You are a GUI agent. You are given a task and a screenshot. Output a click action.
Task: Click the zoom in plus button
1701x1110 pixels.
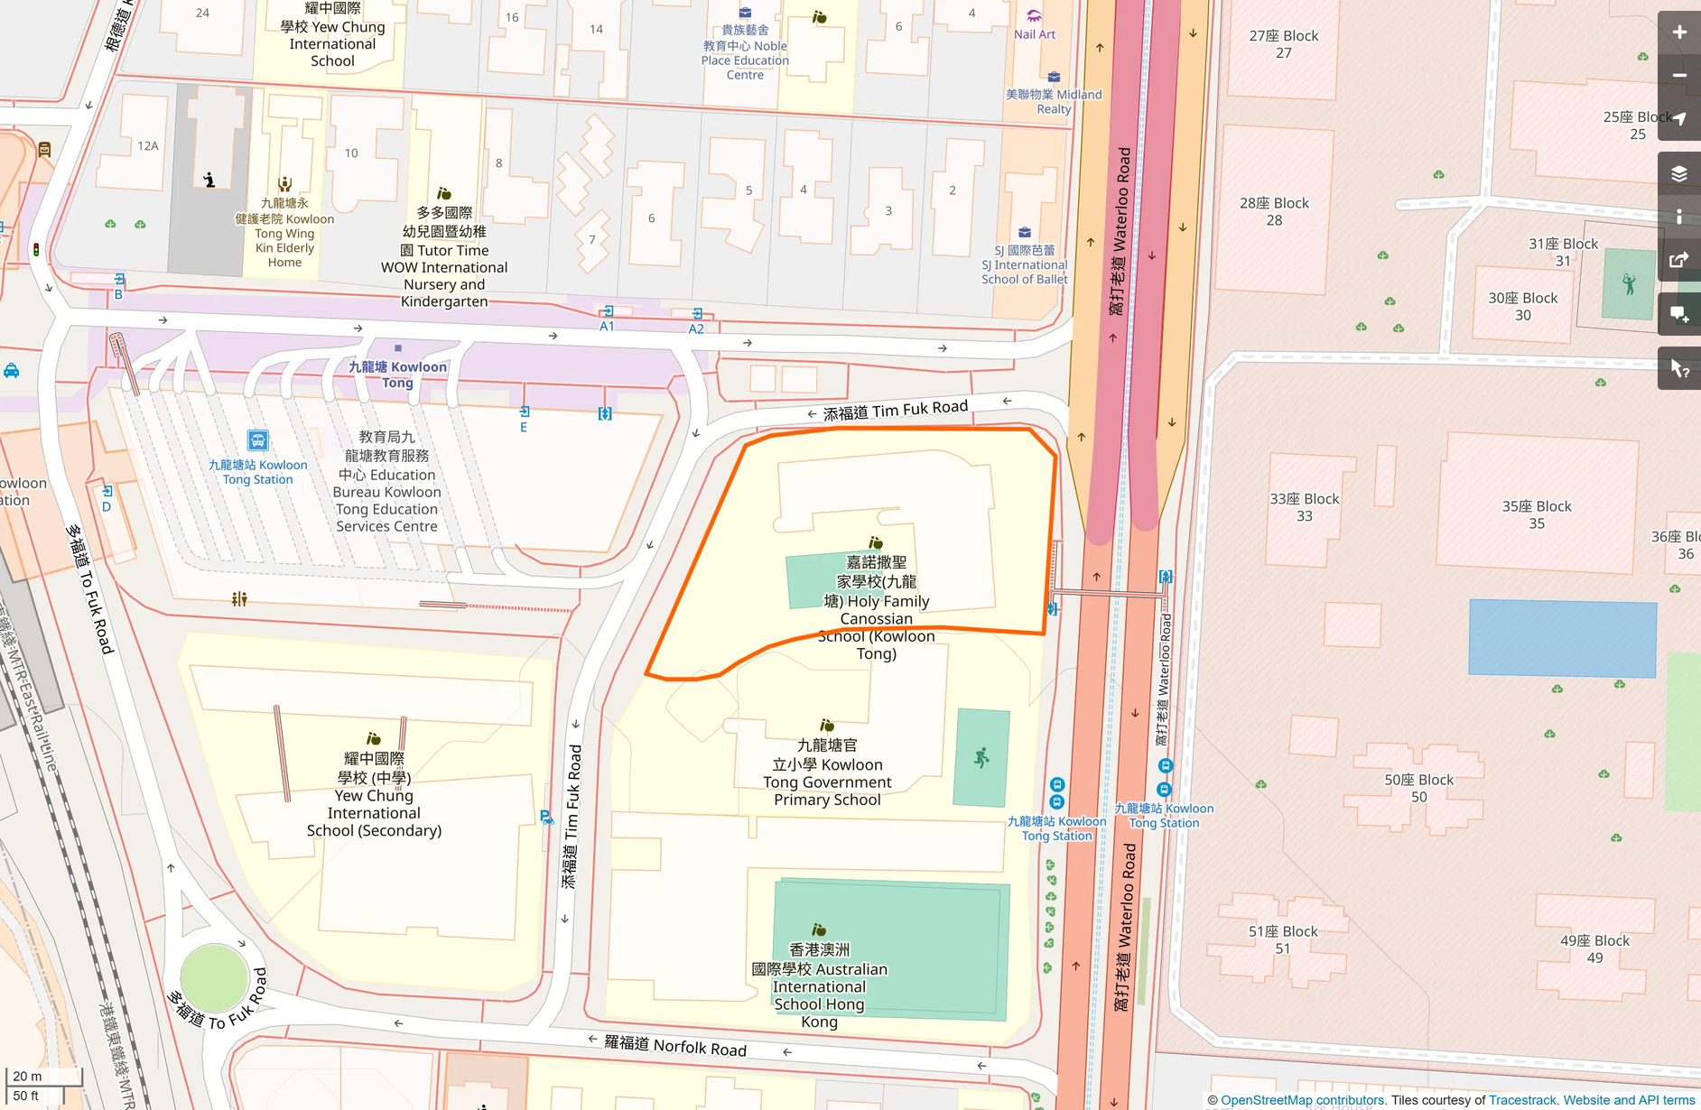(x=1679, y=32)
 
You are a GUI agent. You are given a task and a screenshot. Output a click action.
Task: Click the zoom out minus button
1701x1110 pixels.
(x=1679, y=76)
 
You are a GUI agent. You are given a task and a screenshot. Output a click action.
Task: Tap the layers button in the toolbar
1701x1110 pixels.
(x=1679, y=173)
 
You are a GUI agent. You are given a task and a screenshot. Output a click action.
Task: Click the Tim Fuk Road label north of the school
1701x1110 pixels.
(x=895, y=411)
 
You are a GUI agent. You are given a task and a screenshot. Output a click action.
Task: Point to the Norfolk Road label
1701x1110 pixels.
(x=675, y=1045)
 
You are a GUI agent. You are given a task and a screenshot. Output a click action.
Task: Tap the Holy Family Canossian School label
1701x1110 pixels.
(x=876, y=609)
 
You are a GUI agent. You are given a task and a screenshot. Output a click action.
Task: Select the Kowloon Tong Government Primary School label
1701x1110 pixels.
(x=827, y=772)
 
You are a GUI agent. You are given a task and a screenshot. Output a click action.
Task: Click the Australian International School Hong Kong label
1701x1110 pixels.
(x=819, y=985)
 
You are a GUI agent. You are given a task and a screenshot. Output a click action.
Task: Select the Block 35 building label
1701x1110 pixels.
(x=1537, y=514)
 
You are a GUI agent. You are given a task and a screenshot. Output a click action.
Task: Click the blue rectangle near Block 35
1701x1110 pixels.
(x=1562, y=637)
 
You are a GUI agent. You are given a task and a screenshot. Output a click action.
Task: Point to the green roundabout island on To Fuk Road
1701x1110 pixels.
(x=214, y=977)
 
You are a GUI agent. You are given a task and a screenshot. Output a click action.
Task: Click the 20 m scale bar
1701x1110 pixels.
(x=43, y=1077)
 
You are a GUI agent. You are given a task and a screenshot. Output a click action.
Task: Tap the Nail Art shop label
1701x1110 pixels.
(x=1034, y=34)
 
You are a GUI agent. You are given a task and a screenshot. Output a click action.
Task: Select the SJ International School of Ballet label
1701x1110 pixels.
(x=1025, y=265)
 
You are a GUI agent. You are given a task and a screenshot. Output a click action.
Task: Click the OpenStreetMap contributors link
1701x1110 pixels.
(x=1302, y=1100)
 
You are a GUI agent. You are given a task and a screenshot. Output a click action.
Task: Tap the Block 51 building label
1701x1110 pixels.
(x=1282, y=939)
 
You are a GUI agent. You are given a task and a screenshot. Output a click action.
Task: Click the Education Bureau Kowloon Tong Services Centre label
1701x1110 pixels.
(x=386, y=483)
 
